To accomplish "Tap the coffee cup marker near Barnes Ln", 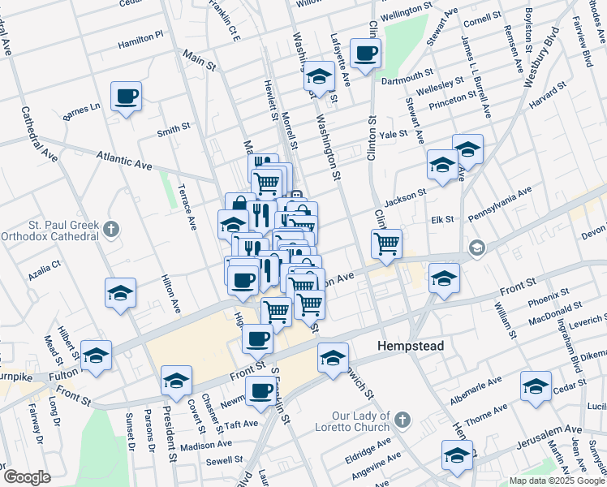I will click(x=127, y=97).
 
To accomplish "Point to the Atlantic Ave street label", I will click(x=124, y=160).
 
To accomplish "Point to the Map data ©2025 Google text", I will click(x=556, y=481).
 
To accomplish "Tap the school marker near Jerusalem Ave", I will click(x=457, y=455).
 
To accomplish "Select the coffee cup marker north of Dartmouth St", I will click(x=365, y=54).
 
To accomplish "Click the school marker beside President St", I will click(x=176, y=380).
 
